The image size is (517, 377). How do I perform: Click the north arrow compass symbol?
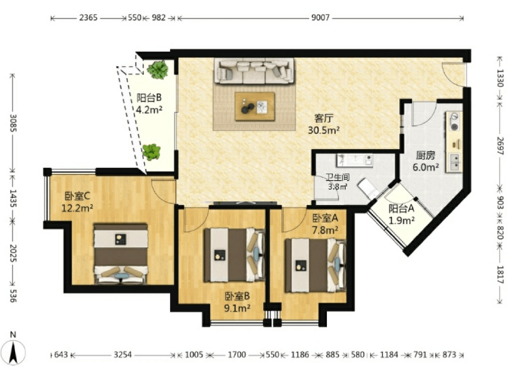(x=13, y=352)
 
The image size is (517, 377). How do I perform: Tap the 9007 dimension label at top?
(x=320, y=17)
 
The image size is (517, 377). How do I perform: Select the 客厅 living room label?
(x=324, y=118)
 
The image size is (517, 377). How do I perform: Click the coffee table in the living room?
(x=255, y=106)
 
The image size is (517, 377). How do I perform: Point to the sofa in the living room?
(x=254, y=71)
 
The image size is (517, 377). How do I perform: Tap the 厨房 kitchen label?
(x=426, y=155)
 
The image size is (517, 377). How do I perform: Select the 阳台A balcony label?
(x=401, y=208)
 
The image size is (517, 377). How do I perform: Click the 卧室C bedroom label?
(x=77, y=196)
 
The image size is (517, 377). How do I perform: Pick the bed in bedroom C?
(x=121, y=253)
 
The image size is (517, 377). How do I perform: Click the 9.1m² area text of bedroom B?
(x=237, y=308)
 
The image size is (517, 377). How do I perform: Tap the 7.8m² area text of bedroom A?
(x=325, y=229)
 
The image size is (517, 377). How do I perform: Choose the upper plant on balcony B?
(x=158, y=69)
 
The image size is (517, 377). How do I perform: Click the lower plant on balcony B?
(x=151, y=152)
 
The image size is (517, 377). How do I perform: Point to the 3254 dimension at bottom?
(x=123, y=355)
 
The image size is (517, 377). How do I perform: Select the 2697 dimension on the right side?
(x=500, y=146)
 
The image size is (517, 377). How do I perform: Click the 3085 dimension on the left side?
(x=13, y=123)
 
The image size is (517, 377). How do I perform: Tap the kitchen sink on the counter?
(x=454, y=162)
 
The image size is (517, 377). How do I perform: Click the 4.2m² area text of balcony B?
(x=149, y=110)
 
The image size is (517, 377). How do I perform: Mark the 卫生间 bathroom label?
(x=337, y=177)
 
